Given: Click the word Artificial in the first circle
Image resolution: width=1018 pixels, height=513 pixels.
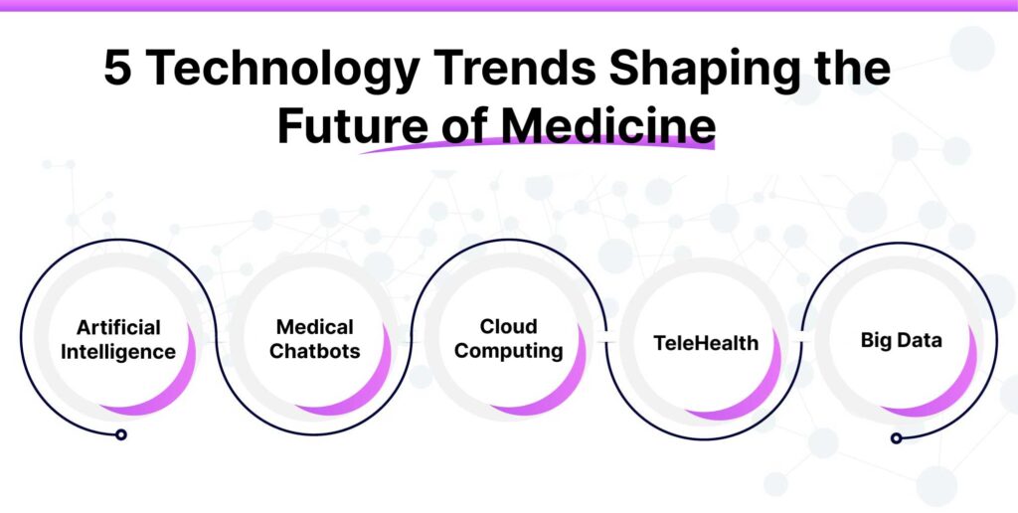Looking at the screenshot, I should point(118,328).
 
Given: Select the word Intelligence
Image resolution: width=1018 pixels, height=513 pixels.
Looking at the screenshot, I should point(118,352).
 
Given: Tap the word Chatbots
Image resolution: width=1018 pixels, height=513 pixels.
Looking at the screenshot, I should point(314,352).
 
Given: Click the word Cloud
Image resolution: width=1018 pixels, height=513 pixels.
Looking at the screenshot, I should point(509,326).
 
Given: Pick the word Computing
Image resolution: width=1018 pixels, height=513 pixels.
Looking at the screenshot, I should point(509,351).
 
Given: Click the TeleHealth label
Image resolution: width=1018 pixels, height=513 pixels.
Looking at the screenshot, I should point(706,344).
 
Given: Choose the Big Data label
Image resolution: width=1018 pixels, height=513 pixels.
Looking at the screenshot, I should point(902,340).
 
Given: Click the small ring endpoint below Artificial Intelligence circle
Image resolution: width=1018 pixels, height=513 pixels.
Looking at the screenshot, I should point(120,434).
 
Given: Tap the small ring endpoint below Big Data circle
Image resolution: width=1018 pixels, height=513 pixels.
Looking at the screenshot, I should point(896,437).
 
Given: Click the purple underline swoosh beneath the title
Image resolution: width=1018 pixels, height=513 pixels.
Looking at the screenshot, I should point(537,146).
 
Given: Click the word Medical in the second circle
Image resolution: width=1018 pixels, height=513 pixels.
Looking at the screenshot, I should point(314,327).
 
